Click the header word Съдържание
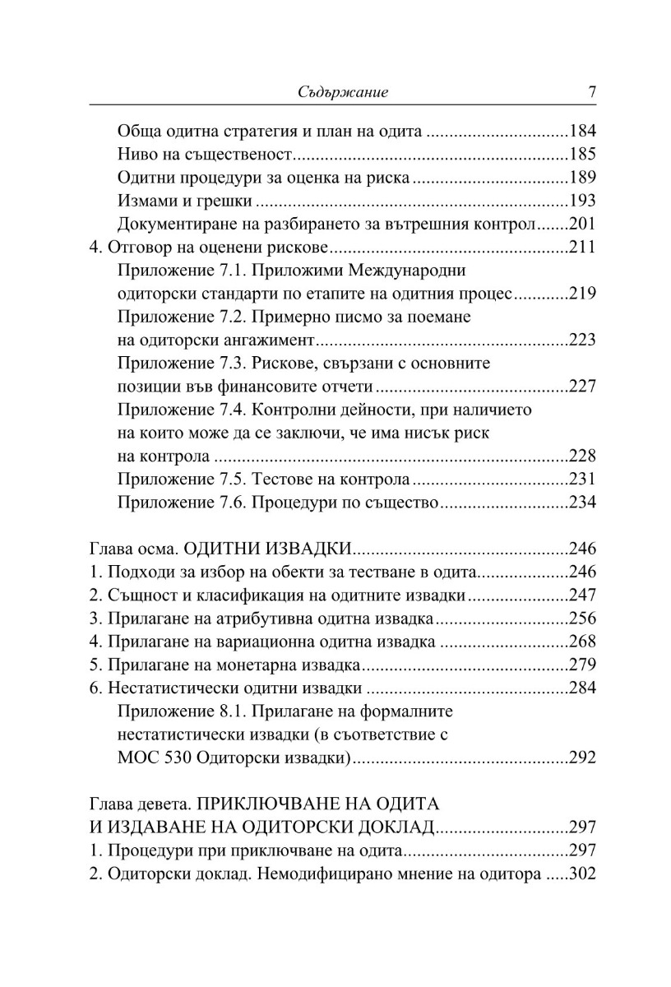point(341,93)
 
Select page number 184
point(581,132)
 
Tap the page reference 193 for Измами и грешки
point(581,201)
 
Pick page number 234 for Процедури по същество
point(581,502)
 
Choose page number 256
point(581,618)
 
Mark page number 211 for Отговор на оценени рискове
point(581,247)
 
